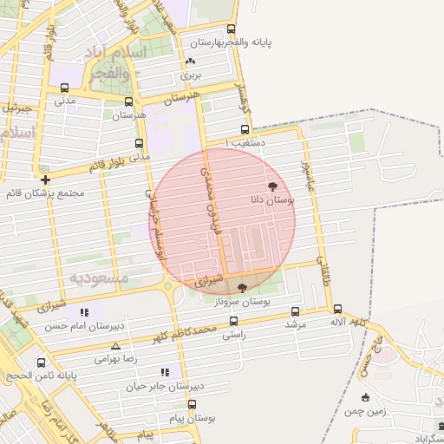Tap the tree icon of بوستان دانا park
pos(273,186)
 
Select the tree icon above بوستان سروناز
pos(241,287)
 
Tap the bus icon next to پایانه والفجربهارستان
pos(231,29)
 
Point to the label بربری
pos(191,75)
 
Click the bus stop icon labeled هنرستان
pos(129,101)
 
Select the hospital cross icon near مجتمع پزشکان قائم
pos(45,180)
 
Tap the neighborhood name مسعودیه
pos(98,278)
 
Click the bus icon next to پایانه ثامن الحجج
pos(41,362)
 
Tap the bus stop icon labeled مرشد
pos(296,311)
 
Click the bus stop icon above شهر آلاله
pos(337,309)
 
